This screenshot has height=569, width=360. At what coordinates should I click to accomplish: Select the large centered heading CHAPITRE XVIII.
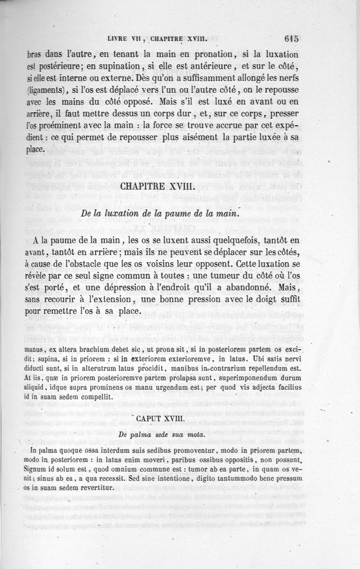[157, 186]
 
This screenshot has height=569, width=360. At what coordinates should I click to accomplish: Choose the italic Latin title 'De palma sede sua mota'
[156, 435]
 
